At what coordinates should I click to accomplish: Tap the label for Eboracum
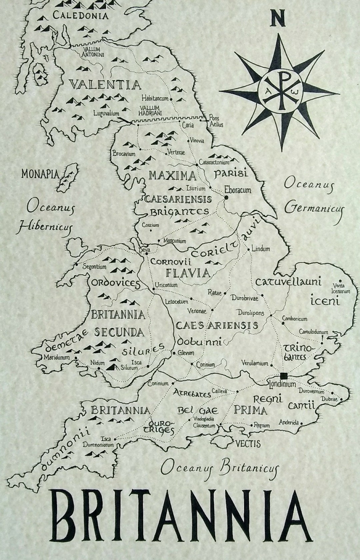238,190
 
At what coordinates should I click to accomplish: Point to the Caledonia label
81,15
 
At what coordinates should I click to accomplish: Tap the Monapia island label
40,174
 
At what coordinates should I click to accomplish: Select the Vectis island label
248,444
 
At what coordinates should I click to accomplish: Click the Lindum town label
261,249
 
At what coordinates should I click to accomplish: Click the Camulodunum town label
313,332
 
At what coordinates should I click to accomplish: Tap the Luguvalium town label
106,114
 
